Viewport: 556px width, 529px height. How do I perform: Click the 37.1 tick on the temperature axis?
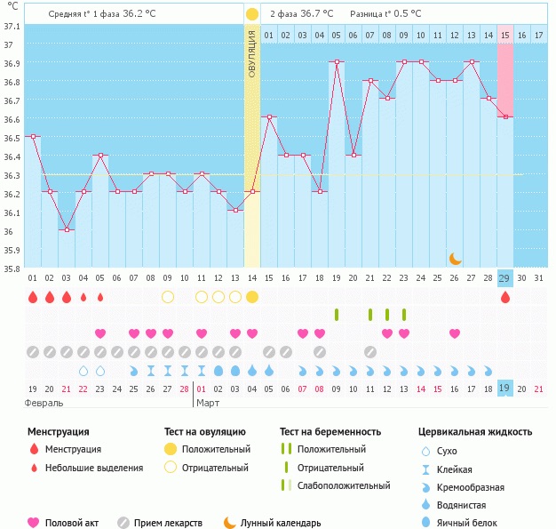(12, 26)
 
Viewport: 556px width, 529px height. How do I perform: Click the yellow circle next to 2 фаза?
(252, 14)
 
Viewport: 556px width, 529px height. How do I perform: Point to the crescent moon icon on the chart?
(456, 258)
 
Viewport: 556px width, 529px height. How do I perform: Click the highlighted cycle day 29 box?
(505, 278)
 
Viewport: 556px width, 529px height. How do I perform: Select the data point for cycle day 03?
(67, 229)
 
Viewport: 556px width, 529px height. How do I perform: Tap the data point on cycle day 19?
(337, 62)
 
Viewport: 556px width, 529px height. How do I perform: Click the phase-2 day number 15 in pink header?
(505, 35)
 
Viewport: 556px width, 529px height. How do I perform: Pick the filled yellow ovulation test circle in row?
(252, 296)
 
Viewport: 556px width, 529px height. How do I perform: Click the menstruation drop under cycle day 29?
(505, 297)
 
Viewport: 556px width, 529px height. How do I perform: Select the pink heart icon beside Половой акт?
(35, 523)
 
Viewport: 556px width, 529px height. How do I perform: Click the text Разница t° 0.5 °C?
(385, 14)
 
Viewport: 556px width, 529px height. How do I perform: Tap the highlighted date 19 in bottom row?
(505, 389)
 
